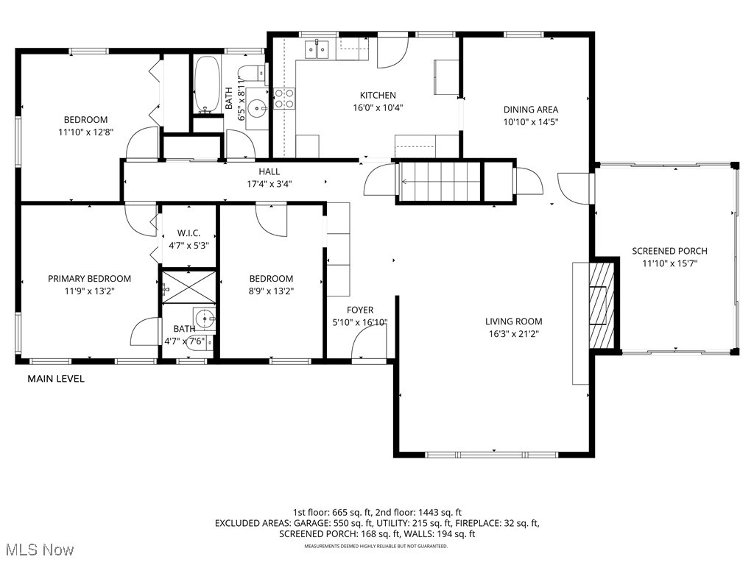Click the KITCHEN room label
(x=378, y=96)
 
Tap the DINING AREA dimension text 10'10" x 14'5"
(x=531, y=122)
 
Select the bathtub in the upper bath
(x=207, y=85)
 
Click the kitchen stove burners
(x=285, y=98)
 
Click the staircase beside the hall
(x=440, y=180)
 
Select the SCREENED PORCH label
(x=669, y=251)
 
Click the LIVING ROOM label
(x=513, y=321)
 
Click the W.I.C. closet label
(x=188, y=233)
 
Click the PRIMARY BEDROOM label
(x=89, y=278)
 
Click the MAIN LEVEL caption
(x=56, y=379)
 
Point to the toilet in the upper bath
(x=250, y=74)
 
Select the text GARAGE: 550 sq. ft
(x=324, y=523)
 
